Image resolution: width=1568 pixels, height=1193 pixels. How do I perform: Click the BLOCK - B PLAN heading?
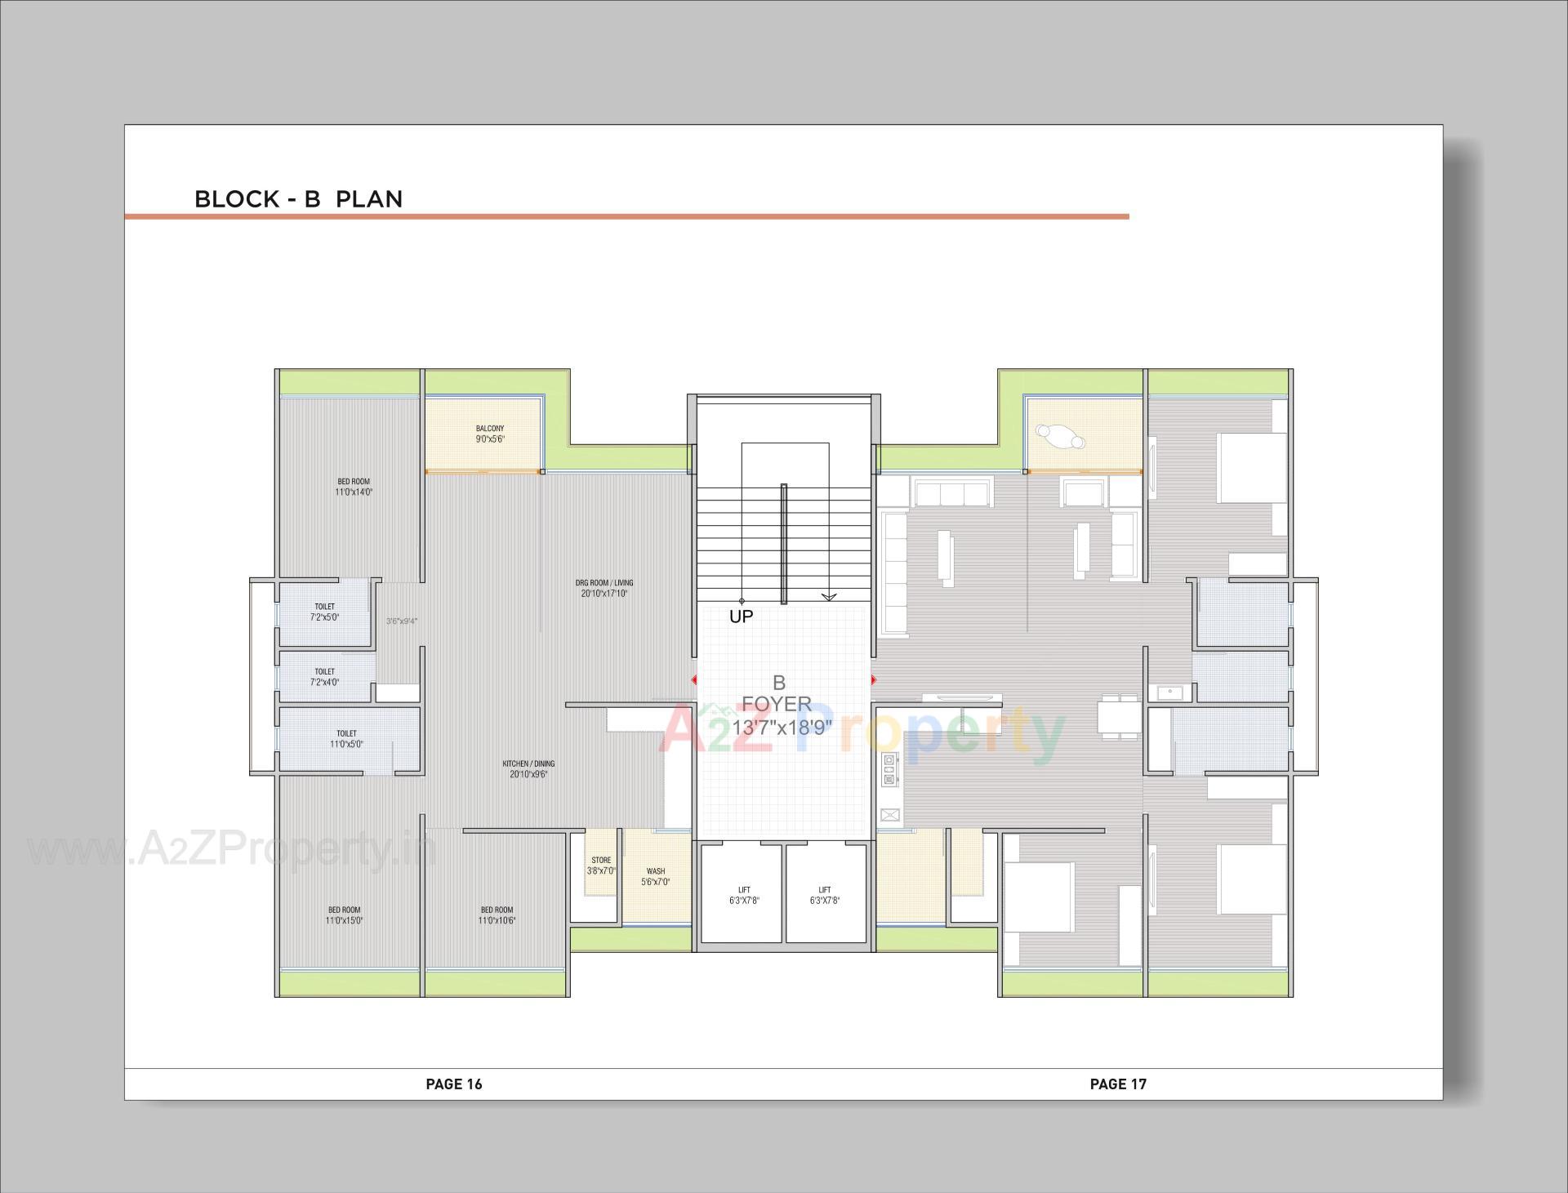(298, 199)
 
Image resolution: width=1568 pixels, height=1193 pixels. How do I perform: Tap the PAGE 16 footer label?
(454, 1084)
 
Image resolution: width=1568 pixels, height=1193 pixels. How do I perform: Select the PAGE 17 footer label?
(1118, 1084)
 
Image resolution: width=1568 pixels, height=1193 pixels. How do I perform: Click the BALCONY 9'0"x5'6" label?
(490, 434)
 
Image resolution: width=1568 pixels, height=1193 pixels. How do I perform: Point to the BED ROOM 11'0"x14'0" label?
(354, 487)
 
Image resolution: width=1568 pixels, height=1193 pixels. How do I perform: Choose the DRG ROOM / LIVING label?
(604, 588)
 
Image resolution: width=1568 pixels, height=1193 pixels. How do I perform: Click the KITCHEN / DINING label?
(528, 768)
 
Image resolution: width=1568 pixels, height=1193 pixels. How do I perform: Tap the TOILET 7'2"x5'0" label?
(324, 612)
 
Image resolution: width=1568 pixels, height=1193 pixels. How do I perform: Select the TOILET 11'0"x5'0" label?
(346, 738)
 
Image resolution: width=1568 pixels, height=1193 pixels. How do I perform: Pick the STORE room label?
(601, 866)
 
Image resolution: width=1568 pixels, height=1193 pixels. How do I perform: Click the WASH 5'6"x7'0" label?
(655, 876)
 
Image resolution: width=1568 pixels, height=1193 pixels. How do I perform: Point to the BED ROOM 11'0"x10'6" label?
(497, 915)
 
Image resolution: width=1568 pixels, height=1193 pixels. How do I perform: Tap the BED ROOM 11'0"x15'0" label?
(345, 915)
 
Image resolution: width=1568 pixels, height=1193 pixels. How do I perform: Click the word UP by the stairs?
(741, 617)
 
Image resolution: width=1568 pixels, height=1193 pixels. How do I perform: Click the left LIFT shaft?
(744, 895)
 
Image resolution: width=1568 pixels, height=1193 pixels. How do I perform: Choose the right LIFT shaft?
(825, 895)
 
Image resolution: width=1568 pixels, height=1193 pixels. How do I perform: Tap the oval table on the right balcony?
(1060, 436)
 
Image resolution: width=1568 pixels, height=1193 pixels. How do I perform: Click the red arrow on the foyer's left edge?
(694, 679)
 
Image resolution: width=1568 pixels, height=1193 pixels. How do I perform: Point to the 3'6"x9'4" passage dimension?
(402, 621)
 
